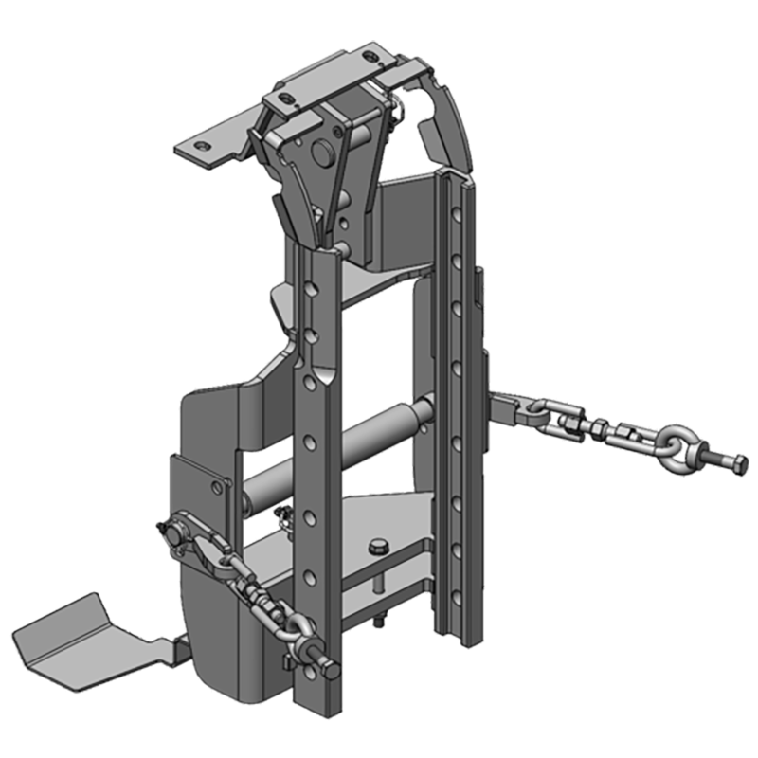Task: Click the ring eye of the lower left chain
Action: click(295, 628)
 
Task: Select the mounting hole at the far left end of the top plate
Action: click(201, 146)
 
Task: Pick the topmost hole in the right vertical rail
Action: click(461, 203)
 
